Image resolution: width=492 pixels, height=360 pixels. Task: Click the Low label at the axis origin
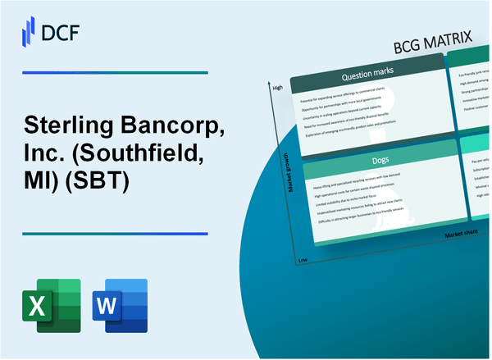pos(303,259)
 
